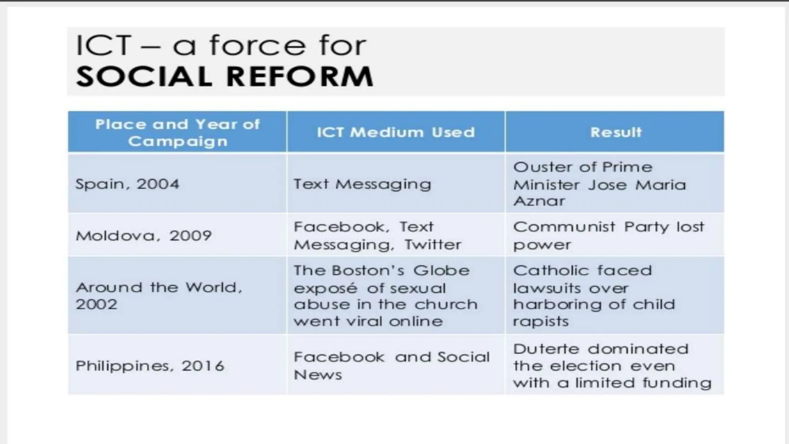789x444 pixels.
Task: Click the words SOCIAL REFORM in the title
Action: click(x=225, y=76)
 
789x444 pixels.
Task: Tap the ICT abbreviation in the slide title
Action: click(x=103, y=45)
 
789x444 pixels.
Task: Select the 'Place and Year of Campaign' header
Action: click(x=177, y=132)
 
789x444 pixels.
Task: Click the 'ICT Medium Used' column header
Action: click(x=396, y=132)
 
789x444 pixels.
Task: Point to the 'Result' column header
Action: click(x=616, y=132)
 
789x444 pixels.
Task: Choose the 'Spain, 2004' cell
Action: click(x=127, y=184)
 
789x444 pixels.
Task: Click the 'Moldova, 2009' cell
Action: click(x=144, y=235)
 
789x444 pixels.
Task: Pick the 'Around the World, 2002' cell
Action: click(x=159, y=296)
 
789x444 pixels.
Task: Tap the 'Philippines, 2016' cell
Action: click(x=150, y=366)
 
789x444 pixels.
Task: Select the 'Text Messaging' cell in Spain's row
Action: click(x=362, y=184)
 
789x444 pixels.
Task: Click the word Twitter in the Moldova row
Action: click(x=433, y=245)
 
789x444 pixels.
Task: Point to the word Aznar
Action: click(x=539, y=201)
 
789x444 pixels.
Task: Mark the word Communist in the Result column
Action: click(x=564, y=227)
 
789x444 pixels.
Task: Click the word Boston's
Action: click(x=368, y=271)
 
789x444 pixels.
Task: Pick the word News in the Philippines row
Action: click(x=318, y=375)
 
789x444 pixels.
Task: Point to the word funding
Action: click(x=677, y=383)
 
